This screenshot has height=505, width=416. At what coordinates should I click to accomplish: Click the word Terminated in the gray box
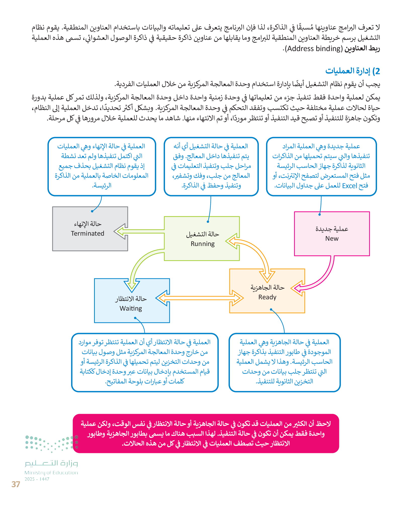click(87, 233)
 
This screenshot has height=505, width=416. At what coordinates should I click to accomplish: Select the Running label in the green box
click(202, 244)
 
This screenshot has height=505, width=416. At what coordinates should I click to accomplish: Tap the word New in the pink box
click(332, 238)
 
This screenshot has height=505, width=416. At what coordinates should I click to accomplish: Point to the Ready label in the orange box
click(267, 297)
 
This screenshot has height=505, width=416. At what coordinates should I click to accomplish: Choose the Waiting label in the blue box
click(131, 308)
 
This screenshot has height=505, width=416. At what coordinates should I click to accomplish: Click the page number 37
click(16, 484)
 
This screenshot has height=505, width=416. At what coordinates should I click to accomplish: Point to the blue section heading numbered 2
click(352, 71)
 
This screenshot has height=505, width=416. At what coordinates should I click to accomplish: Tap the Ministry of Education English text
click(51, 473)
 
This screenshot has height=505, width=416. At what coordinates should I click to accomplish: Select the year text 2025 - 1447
click(37, 479)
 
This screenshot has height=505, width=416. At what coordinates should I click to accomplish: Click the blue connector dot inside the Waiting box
click(135, 318)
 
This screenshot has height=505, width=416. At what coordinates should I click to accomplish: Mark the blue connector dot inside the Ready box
click(271, 309)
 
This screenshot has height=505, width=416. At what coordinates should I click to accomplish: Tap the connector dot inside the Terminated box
click(92, 211)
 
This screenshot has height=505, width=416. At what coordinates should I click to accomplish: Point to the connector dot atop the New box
click(319, 215)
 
